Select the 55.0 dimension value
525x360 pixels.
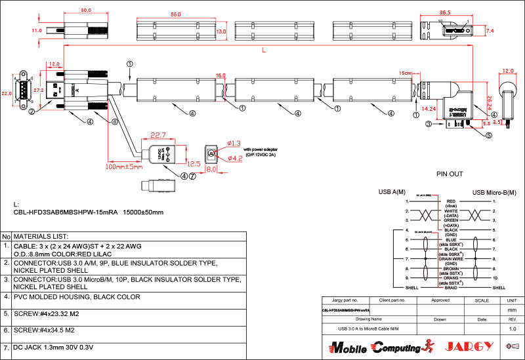pos(175,14)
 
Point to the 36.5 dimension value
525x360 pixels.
pos(445,12)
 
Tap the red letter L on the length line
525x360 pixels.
pos(264,50)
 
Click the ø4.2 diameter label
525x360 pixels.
pos(234,157)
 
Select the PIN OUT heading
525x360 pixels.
pos(450,174)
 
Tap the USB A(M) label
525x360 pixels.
pos(393,192)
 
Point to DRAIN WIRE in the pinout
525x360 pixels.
pos(450,259)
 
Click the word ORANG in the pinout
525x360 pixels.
pos(450,277)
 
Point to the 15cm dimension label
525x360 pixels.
pos(405,73)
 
